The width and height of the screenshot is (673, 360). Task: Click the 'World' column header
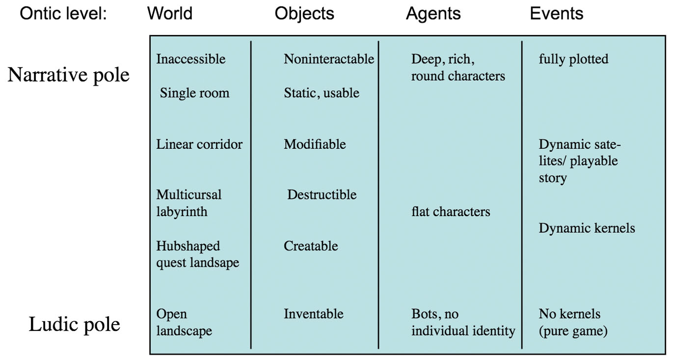click(x=169, y=13)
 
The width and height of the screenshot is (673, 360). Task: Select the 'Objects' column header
click(x=304, y=13)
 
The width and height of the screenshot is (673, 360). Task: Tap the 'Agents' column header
click(x=433, y=13)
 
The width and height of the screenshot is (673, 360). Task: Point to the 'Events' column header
click(x=556, y=13)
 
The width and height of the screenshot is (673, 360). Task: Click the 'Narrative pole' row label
click(x=68, y=75)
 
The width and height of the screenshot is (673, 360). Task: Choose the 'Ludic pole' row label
click(x=74, y=325)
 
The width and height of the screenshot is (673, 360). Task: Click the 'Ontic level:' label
click(x=63, y=13)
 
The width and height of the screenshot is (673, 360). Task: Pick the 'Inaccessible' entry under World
click(x=191, y=59)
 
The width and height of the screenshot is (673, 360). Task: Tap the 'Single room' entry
click(x=194, y=93)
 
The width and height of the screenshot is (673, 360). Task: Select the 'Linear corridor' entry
click(x=199, y=144)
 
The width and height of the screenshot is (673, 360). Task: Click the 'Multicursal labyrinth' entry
click(x=189, y=203)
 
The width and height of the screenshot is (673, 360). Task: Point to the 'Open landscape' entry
click(x=184, y=322)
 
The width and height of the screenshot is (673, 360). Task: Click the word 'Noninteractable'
click(x=329, y=59)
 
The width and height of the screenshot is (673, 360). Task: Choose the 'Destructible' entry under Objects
click(x=322, y=194)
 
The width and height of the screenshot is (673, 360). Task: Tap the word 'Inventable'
click(x=313, y=314)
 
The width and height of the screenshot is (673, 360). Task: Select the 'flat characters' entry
click(x=451, y=212)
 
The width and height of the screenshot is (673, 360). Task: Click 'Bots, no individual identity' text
click(x=463, y=322)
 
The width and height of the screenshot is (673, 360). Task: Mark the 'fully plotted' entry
click(x=573, y=59)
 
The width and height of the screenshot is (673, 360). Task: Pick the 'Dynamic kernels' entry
click(x=587, y=228)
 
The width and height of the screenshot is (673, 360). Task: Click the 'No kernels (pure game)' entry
click(x=573, y=322)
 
